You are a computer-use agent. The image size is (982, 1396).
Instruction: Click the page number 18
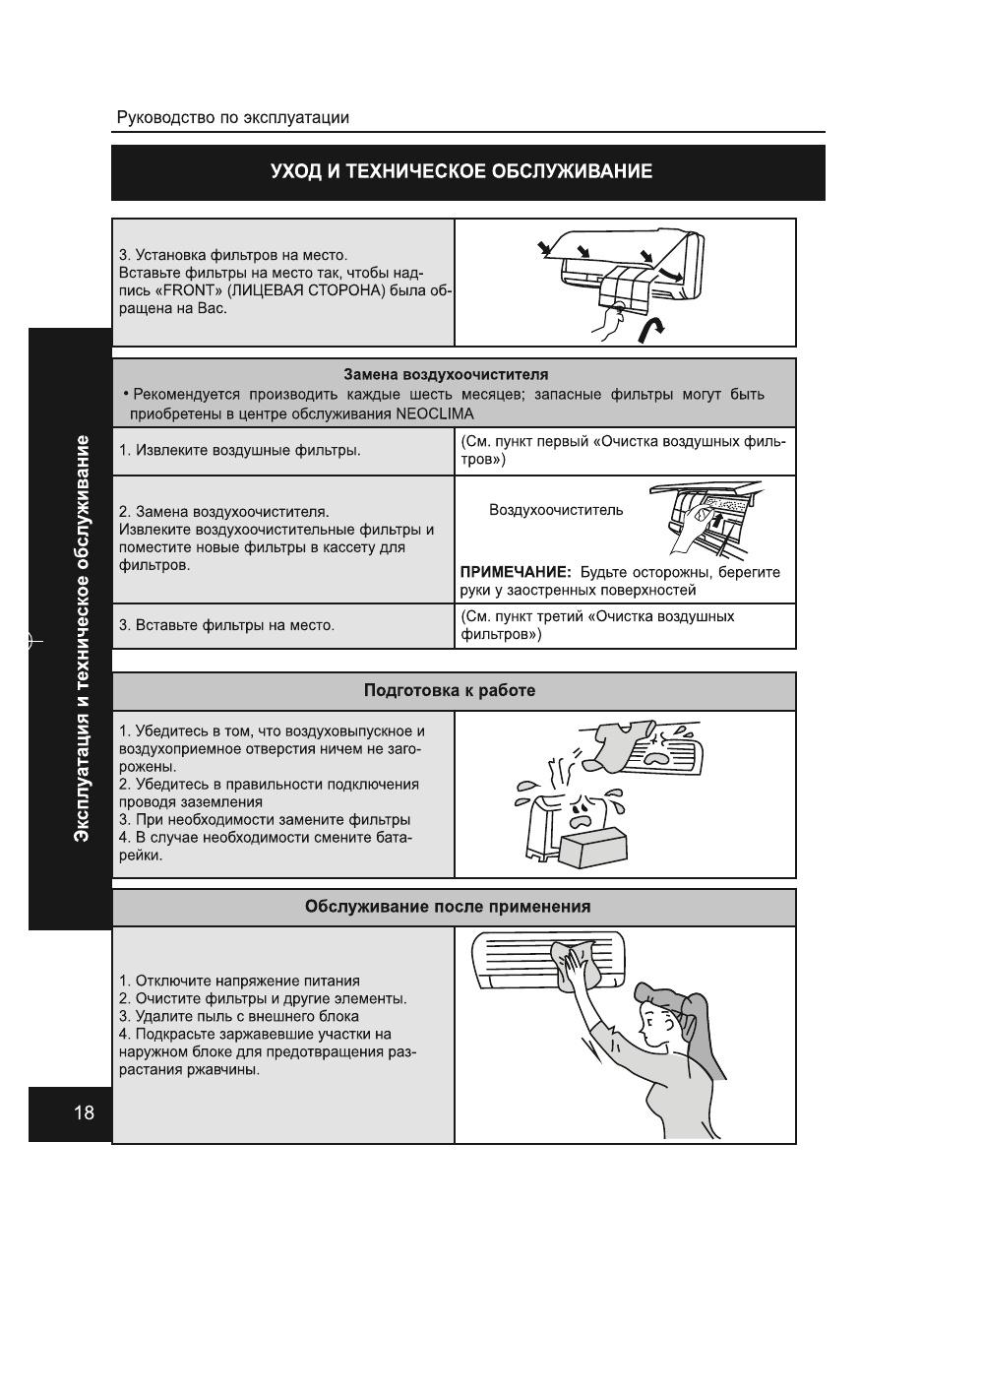pyautogui.click(x=84, y=1113)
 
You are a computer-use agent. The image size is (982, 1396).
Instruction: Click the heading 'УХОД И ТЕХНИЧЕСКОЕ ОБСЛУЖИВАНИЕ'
pyautogui.click(x=461, y=172)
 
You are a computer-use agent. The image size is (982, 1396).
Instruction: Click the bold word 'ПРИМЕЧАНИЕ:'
pyautogui.click(x=516, y=572)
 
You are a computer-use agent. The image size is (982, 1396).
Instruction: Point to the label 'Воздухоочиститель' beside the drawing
pyautogui.click(x=555, y=510)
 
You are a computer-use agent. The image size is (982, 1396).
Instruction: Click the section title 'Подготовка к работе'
pyautogui.click(x=450, y=691)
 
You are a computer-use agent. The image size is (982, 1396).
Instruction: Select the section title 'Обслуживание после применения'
pyautogui.click(x=448, y=907)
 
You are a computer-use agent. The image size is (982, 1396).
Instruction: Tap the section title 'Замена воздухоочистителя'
pyautogui.click(x=446, y=375)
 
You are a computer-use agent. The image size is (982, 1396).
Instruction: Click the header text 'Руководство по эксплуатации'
pyautogui.click(x=232, y=118)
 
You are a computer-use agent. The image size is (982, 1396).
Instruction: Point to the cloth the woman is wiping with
pyautogui.click(x=577, y=965)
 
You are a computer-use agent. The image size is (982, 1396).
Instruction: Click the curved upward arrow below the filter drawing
pyautogui.click(x=649, y=329)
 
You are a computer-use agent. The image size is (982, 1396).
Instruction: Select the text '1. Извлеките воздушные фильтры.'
pyautogui.click(x=239, y=451)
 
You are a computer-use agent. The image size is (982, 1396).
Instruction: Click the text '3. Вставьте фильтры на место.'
pyautogui.click(x=226, y=625)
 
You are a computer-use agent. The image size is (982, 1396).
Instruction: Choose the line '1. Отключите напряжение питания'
pyautogui.click(x=239, y=981)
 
